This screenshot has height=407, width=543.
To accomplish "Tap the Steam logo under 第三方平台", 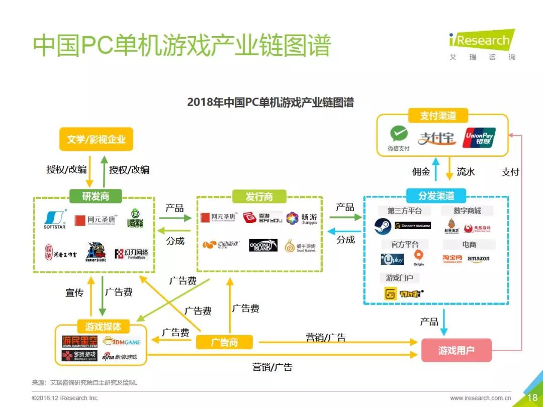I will [383, 227].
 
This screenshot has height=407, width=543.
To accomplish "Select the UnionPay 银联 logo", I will [479, 137].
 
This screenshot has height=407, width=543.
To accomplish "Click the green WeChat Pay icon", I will [399, 135].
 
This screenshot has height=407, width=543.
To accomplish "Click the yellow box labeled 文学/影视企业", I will [96, 139].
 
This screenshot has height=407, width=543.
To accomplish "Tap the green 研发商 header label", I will [96, 196].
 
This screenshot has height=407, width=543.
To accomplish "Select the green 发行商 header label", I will [259, 196].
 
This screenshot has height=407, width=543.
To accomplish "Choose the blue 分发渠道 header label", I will [436, 195].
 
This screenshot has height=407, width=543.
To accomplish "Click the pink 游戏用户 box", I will [456, 350].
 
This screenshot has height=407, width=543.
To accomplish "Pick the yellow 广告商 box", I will [224, 342].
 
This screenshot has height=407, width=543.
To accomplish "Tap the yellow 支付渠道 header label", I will [438, 116].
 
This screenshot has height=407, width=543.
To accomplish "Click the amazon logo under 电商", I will [478, 259].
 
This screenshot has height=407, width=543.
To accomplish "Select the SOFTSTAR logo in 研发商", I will [55, 219].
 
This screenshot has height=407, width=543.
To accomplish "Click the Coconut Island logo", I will [263, 245].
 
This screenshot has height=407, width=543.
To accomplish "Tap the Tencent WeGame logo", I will [413, 226].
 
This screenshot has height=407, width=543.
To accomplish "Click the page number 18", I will [532, 397].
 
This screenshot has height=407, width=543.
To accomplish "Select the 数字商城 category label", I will [468, 211].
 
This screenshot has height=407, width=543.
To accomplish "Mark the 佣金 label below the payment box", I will [421, 172].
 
